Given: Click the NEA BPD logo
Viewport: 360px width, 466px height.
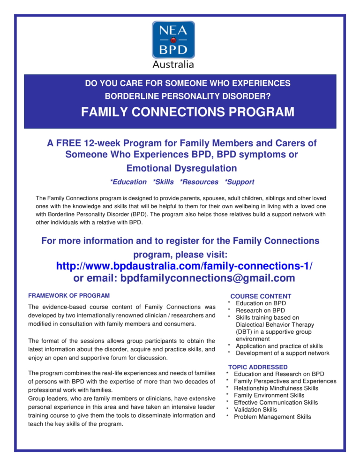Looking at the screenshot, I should [173, 40].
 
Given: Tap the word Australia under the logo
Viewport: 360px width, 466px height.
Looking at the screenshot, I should [173, 64].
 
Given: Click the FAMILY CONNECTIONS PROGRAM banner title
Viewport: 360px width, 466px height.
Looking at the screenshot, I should [187, 112].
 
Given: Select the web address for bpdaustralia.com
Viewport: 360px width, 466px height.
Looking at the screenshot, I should [184, 266].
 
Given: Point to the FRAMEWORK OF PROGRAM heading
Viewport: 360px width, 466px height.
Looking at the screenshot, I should [69, 296].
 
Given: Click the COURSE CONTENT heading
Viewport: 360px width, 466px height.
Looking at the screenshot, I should [261, 296].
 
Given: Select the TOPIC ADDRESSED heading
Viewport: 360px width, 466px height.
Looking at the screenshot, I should [258, 367].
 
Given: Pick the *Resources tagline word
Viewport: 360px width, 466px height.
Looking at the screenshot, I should [199, 182].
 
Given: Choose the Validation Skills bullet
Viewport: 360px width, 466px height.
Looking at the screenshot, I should [255, 409].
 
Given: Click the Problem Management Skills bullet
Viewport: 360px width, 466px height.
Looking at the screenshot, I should [272, 417].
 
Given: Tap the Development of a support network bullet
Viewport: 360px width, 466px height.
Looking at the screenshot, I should [282, 353].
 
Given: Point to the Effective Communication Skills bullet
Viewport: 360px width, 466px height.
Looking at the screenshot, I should [276, 402].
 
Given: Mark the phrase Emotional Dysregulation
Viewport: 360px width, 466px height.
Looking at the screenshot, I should [181, 168].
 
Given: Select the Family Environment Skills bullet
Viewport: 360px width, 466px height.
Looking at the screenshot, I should [269, 395].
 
